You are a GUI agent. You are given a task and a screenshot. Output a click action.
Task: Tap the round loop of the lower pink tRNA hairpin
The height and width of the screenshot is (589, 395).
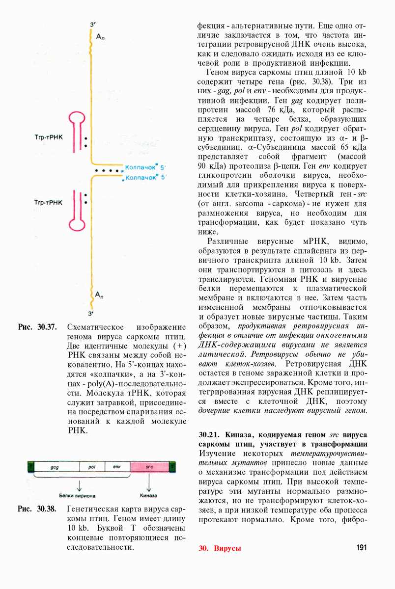coord(78,224)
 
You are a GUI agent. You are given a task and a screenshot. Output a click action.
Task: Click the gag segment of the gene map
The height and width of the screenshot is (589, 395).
coord(55,467)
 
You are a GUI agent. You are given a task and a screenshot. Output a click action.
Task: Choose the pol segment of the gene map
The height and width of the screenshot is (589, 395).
coord(91,467)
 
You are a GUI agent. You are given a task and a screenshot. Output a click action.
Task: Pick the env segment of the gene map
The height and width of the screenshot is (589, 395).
coord(117,467)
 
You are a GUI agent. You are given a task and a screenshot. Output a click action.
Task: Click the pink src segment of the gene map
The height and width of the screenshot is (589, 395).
coord(149,467)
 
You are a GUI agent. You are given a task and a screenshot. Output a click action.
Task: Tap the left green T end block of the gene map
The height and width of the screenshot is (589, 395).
coord(31,467)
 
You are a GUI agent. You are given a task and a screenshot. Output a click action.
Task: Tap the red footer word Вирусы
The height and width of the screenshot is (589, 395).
coord(227,548)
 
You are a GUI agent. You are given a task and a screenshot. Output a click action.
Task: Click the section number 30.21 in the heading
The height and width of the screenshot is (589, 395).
coord(209,435)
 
